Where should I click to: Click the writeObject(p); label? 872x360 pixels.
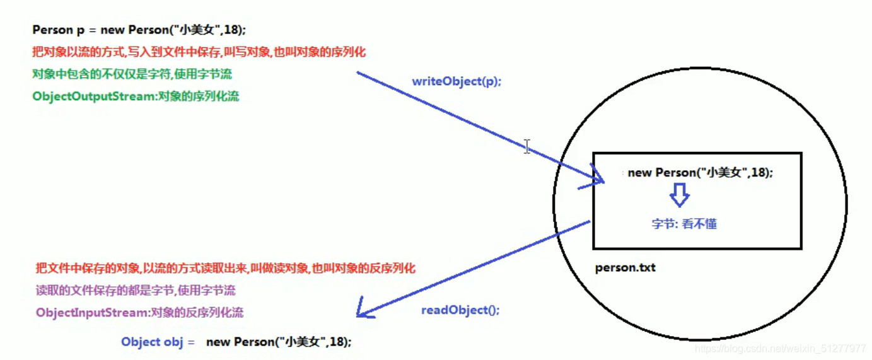456,81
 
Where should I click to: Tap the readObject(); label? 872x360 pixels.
460,310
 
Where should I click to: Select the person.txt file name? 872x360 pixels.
625,267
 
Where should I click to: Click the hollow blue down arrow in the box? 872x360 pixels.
679,196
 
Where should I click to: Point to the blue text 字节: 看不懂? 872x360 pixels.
684,224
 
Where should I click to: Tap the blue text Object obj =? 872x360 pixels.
158,342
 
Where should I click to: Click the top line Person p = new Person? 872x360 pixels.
139,30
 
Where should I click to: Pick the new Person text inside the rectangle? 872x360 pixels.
700,173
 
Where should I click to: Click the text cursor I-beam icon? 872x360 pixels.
526,146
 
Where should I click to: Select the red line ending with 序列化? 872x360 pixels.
199,52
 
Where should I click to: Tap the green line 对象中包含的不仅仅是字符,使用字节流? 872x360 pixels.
132,74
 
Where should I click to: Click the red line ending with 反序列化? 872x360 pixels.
225,269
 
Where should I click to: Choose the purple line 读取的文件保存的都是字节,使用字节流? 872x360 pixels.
135,291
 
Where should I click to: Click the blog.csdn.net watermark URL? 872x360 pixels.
780,349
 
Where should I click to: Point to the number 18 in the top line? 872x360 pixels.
237,30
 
